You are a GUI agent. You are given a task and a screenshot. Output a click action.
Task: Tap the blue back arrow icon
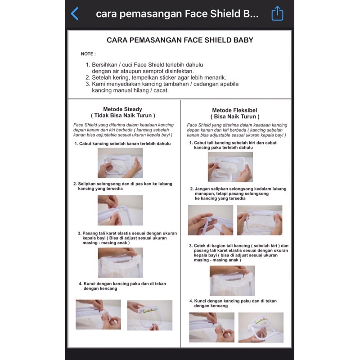(x=75, y=13)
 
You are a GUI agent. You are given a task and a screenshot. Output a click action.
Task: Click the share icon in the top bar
(x=278, y=13)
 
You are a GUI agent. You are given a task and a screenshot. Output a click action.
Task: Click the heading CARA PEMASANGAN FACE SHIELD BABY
(x=180, y=40)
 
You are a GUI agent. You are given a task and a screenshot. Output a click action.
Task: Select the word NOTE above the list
(x=88, y=54)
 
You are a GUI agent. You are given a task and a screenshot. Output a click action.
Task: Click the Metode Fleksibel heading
(x=234, y=110)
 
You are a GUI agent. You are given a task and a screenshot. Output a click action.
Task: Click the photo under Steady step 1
(x=120, y=163)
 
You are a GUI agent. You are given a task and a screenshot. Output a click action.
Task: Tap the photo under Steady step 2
(x=120, y=210)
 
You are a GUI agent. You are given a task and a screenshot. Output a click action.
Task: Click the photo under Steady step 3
(x=120, y=262)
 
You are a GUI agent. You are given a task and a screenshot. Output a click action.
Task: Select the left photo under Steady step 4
(x=98, y=315)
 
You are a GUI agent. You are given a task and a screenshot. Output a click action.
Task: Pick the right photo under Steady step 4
(x=149, y=315)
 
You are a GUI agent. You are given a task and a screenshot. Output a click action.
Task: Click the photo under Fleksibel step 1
(x=230, y=166)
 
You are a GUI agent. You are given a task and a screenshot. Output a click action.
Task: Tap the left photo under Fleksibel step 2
(x=210, y=220)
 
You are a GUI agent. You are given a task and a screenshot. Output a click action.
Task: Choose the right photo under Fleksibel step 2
(x=259, y=220)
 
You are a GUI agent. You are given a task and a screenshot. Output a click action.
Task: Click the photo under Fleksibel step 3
(x=232, y=280)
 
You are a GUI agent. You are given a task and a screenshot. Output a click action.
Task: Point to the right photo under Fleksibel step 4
(x=261, y=328)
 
